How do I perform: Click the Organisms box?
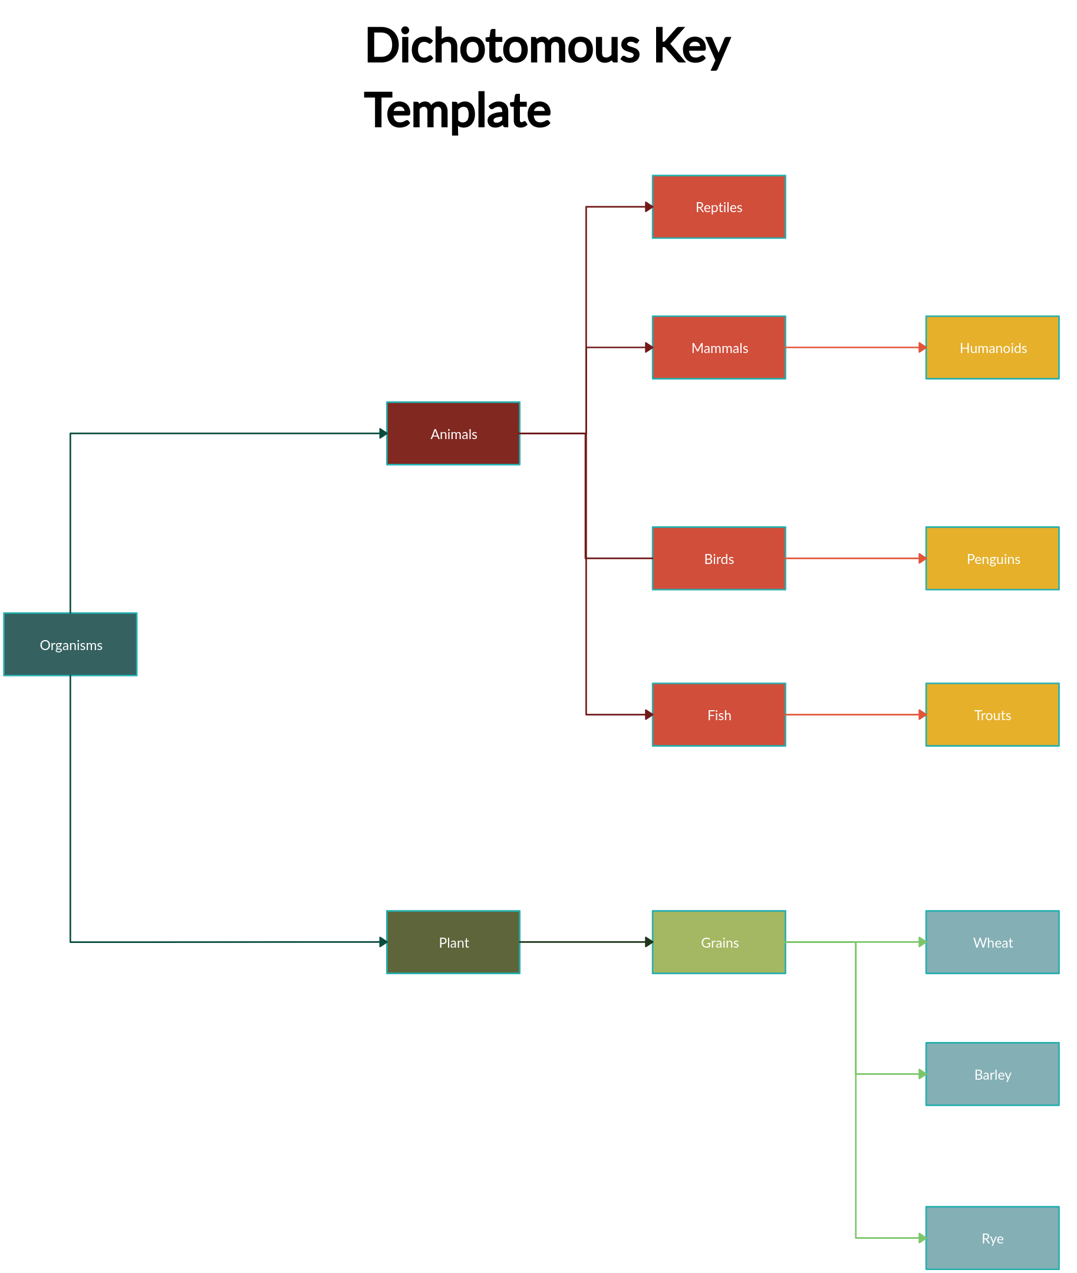(70, 644)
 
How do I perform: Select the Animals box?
(453, 434)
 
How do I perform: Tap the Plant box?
(453, 942)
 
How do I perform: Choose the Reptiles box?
(719, 207)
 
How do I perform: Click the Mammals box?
(719, 348)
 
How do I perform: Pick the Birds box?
(719, 558)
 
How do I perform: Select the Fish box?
(719, 715)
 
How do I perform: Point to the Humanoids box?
(992, 348)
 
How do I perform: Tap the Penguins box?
(992, 558)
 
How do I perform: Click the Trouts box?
(992, 715)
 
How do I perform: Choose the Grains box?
(719, 942)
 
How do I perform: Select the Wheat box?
(992, 942)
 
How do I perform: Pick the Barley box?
(992, 1074)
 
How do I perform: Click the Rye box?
(992, 1238)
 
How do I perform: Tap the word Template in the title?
(457, 111)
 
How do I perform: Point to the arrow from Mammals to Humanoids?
(855, 348)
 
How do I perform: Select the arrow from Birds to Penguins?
(855, 558)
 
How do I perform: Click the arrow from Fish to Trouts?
(855, 715)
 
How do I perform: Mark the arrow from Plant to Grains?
(586, 942)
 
